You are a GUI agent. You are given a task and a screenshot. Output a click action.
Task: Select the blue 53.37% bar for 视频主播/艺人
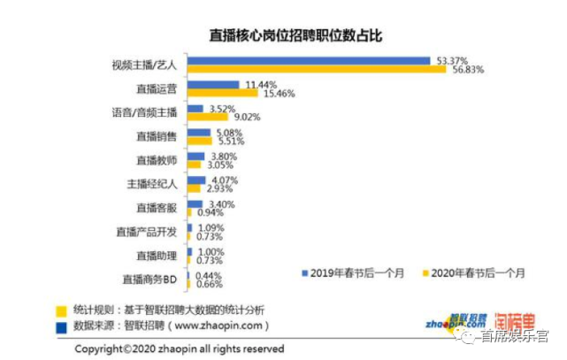309,61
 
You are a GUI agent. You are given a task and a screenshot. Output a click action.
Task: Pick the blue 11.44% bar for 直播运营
213,85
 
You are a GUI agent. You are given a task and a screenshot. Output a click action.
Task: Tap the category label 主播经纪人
152,184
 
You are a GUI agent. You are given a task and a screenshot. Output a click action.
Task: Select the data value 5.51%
228,141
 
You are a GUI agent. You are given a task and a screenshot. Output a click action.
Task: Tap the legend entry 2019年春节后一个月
350,272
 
